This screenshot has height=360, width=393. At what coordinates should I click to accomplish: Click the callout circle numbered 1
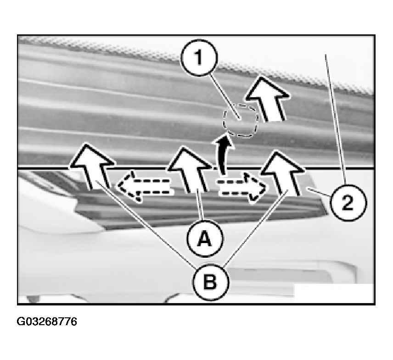tap(199, 58)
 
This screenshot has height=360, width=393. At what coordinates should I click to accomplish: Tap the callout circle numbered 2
tap(348, 203)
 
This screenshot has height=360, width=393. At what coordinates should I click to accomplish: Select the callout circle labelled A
tap(205, 238)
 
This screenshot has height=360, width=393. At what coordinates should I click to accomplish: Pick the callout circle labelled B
tap(211, 282)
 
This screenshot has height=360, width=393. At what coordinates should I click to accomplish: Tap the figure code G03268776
tap(47, 321)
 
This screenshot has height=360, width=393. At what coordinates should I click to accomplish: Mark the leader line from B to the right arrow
tap(256, 228)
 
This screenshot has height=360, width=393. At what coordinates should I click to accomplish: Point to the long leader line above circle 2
tap(335, 119)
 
